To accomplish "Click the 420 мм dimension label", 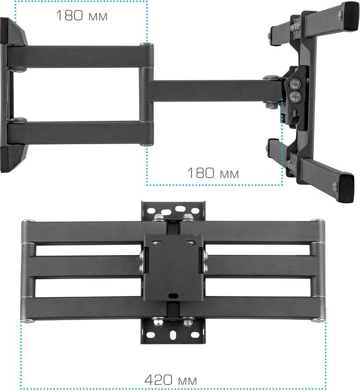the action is [x=170, y=380].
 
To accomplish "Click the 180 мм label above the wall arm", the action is [x=82, y=15].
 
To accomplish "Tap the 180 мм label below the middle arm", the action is [x=213, y=173].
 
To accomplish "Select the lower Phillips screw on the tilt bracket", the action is [x=295, y=96].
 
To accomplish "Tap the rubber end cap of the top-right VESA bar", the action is [x=350, y=16].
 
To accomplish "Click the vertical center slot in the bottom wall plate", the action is [x=172, y=335].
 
